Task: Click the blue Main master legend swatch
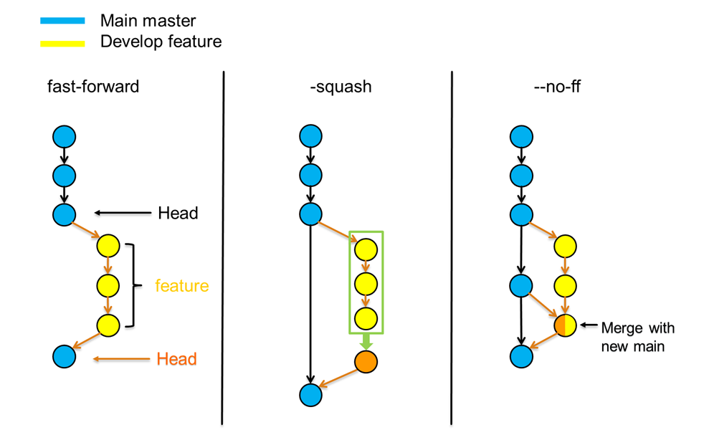pyautogui.click(x=62, y=21)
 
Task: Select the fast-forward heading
pyautogui.click(x=93, y=87)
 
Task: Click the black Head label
pyautogui.click(x=178, y=213)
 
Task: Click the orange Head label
pyautogui.click(x=176, y=358)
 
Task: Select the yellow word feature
pyautogui.click(x=182, y=286)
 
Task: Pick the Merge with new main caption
pyautogui.click(x=637, y=338)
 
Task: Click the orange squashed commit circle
pyautogui.click(x=366, y=362)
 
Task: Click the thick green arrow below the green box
pyautogui.click(x=366, y=341)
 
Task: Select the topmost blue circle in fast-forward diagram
pyautogui.click(x=64, y=136)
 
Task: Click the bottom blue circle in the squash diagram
pyautogui.click(x=310, y=393)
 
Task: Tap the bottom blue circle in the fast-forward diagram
pyautogui.click(x=64, y=355)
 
